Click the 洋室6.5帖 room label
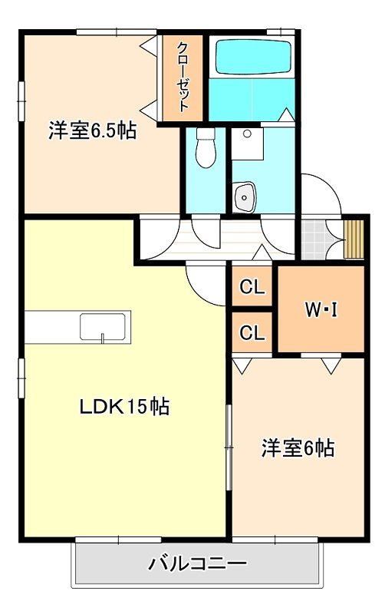click(92, 130)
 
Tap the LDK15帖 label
click(124, 407)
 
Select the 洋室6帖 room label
click(298, 448)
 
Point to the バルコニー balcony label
click(197, 564)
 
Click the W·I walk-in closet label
click(321, 310)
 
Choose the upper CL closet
click(252, 287)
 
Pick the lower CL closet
click(252, 333)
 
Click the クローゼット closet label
click(183, 78)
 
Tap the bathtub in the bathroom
click(254, 56)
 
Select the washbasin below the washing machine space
click(245, 196)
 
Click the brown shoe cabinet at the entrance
click(354, 239)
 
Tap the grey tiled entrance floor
click(314, 239)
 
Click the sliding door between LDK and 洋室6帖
click(229, 447)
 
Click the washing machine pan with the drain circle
click(247, 144)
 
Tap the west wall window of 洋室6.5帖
click(21, 101)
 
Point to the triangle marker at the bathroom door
click(287, 114)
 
